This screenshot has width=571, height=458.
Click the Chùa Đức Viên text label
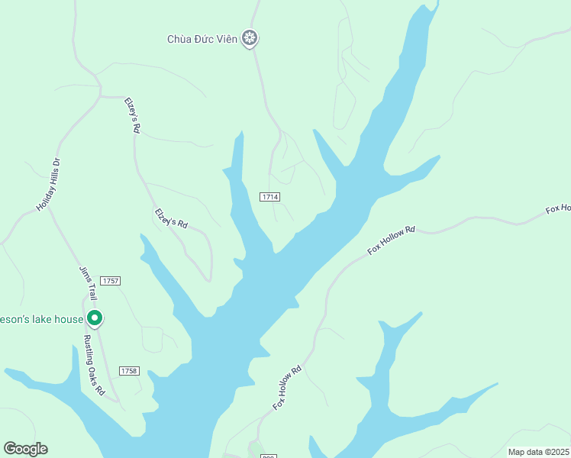click(x=202, y=39)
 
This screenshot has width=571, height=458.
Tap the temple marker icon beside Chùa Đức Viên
click(x=249, y=38)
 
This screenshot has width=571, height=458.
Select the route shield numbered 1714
click(x=269, y=197)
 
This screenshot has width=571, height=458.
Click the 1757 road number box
click(x=110, y=281)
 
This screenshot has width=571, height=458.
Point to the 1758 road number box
click(x=129, y=371)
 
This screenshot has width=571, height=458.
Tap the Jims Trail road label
click(x=89, y=282)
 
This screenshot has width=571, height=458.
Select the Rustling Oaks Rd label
click(x=94, y=365)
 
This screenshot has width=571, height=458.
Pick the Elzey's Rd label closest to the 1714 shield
click(x=171, y=218)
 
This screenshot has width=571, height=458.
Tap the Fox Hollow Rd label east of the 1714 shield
click(x=391, y=240)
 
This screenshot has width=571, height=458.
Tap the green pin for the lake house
click(x=95, y=318)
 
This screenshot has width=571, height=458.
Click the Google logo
click(x=25, y=449)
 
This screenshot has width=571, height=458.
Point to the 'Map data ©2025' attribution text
click(x=538, y=452)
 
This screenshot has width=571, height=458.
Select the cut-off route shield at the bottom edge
click(x=269, y=455)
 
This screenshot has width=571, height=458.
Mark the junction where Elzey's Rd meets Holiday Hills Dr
click(x=101, y=96)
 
